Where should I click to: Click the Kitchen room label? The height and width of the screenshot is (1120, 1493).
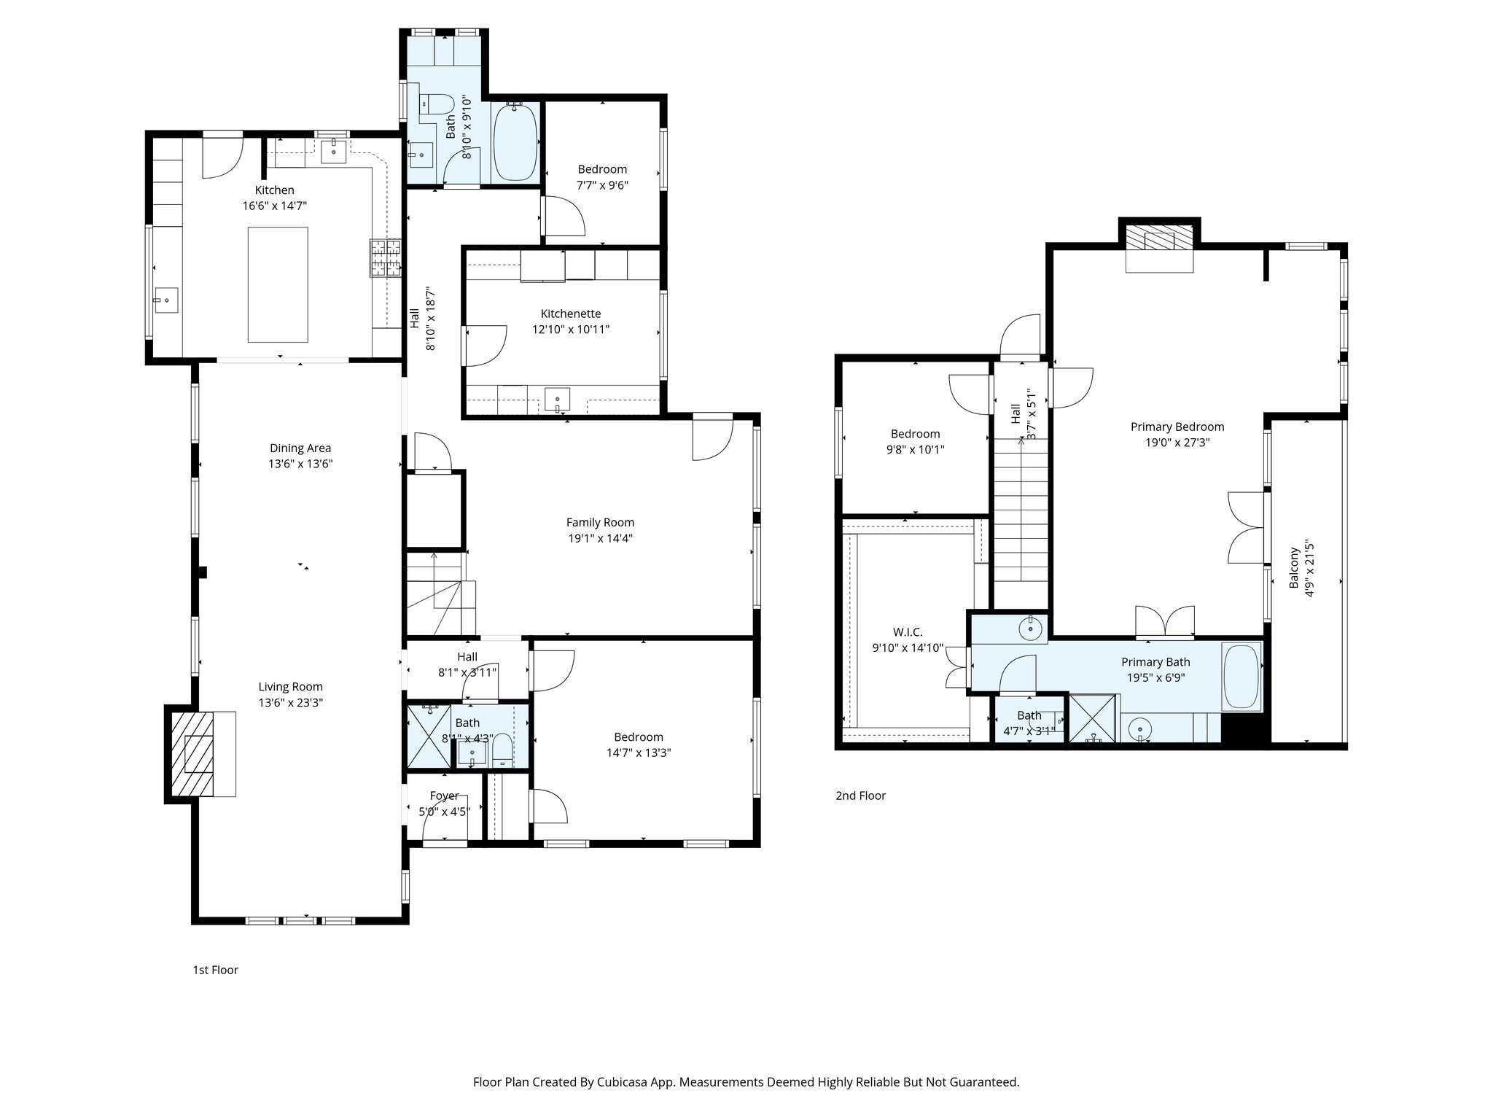pyautogui.click(x=274, y=190)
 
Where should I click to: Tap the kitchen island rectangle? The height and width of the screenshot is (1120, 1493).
pyautogui.click(x=277, y=284)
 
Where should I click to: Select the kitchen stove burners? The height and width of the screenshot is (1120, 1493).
pyautogui.click(x=386, y=258)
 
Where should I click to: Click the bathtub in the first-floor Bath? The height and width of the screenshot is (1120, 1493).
pyautogui.click(x=515, y=141)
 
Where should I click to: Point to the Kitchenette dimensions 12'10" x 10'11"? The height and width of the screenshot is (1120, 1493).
pyautogui.click(x=570, y=330)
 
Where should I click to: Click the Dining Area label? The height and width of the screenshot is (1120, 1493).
pyautogui.click(x=300, y=448)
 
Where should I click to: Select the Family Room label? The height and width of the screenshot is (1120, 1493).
pyautogui.click(x=600, y=522)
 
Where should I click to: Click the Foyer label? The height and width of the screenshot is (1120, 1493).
pyautogui.click(x=444, y=796)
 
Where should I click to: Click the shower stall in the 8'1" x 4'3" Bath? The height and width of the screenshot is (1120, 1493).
pyautogui.click(x=428, y=736)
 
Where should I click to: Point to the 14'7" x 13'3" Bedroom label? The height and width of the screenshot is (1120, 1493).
pyautogui.click(x=638, y=737)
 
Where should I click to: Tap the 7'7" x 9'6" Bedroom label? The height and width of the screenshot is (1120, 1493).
pyautogui.click(x=602, y=169)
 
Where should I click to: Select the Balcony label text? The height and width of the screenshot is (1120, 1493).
pyautogui.click(x=1294, y=569)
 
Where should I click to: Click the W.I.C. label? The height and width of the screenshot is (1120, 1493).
pyautogui.click(x=908, y=632)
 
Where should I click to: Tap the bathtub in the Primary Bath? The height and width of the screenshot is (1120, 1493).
pyautogui.click(x=1241, y=676)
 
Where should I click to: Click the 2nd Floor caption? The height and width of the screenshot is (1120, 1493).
pyautogui.click(x=860, y=796)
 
